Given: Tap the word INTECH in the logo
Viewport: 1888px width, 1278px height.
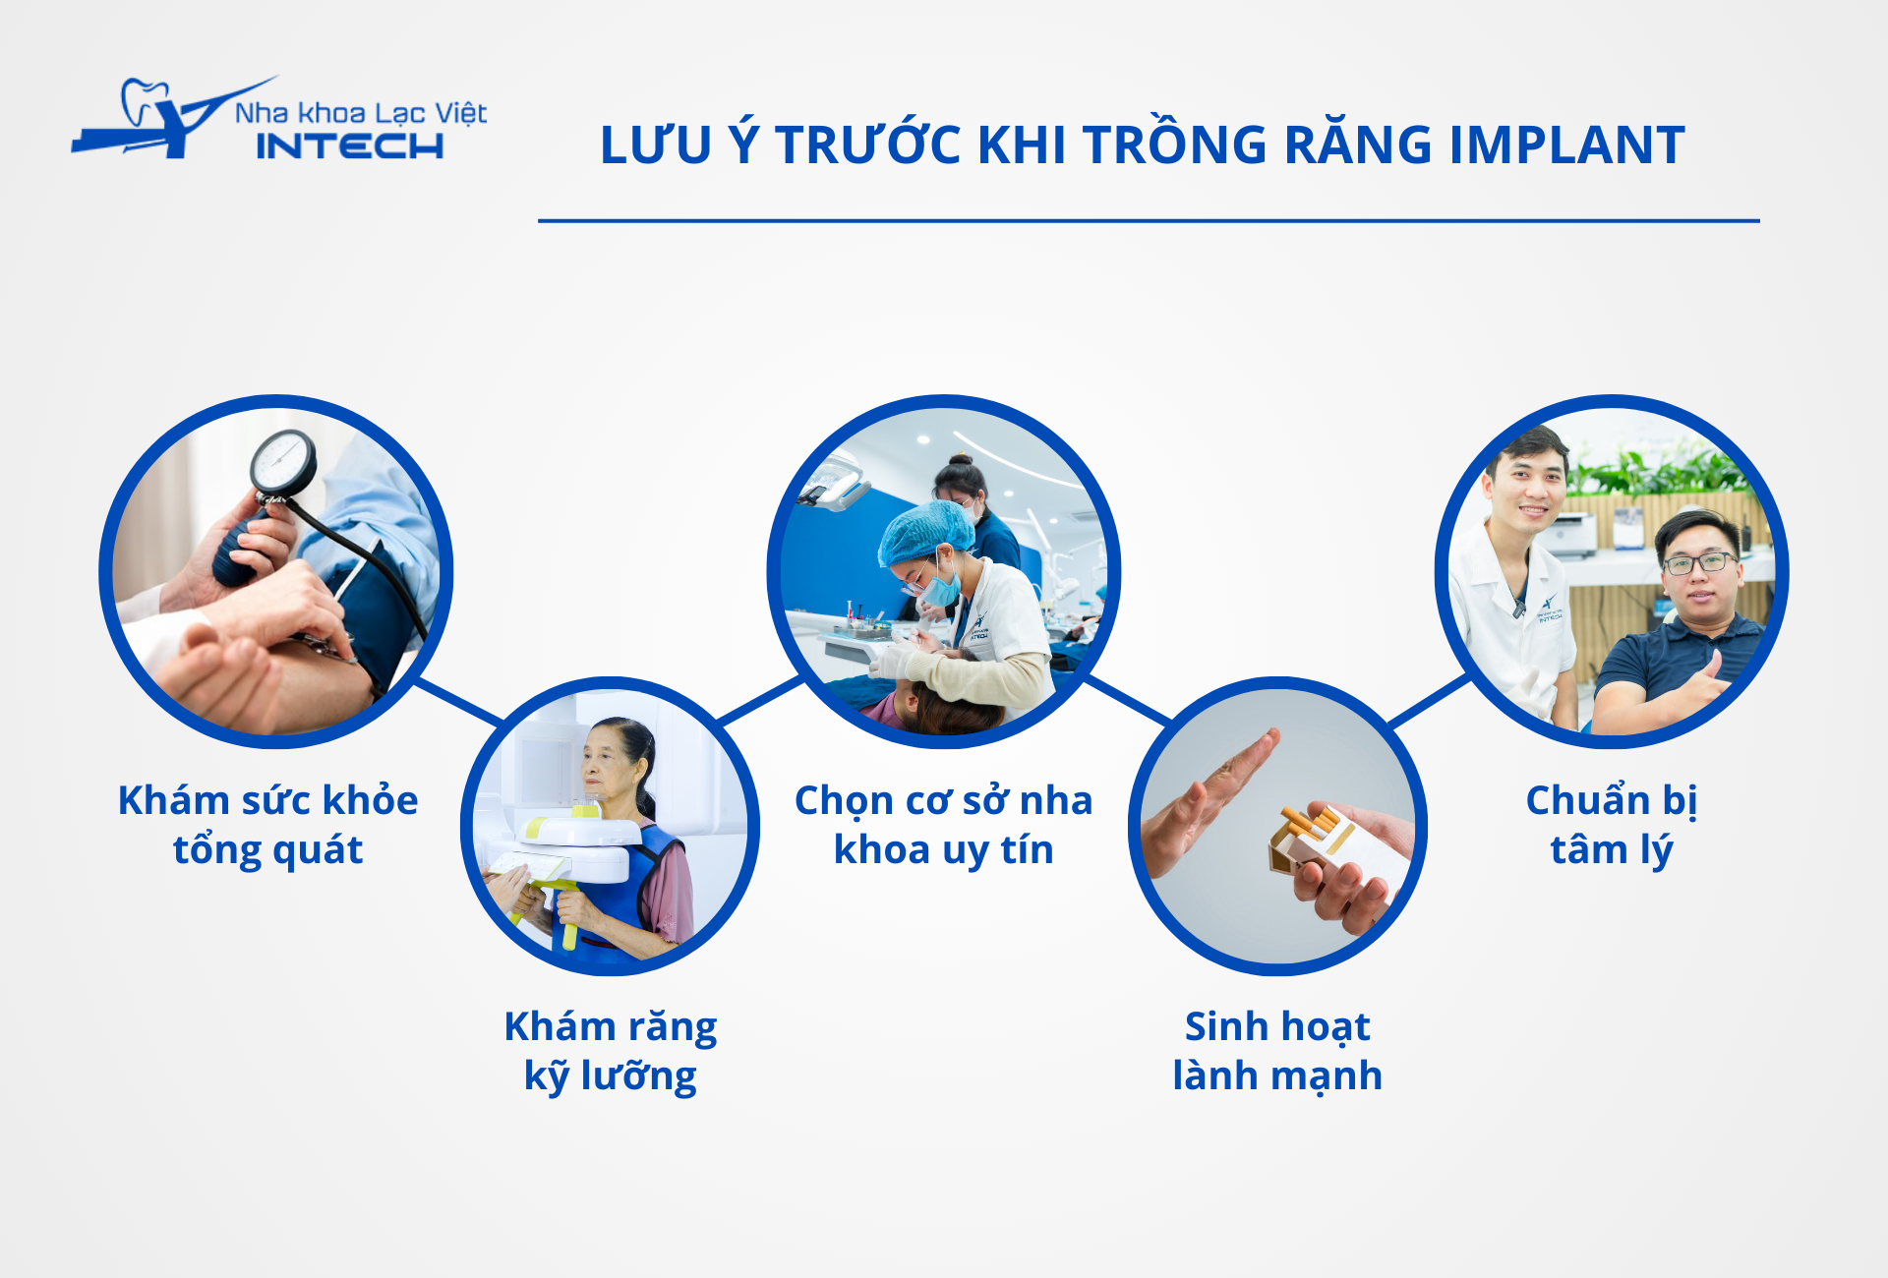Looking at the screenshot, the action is click(x=350, y=146).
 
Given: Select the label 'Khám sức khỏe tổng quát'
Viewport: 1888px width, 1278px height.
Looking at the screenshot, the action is click(x=267, y=825).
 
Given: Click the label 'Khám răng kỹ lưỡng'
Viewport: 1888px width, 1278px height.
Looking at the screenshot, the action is click(x=611, y=1051).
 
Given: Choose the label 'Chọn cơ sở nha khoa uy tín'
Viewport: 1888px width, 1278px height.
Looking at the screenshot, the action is click(x=943, y=825).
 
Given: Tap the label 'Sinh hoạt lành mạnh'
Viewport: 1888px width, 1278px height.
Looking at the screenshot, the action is click(x=1277, y=1051).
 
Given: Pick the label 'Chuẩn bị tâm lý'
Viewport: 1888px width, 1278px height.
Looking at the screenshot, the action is click(x=1612, y=825).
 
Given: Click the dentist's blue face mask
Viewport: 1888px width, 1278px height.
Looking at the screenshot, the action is click(x=940, y=588).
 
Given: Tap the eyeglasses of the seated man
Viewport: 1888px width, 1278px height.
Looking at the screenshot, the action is click(x=1699, y=563).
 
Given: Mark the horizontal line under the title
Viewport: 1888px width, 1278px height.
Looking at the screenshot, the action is click(x=1149, y=221).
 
